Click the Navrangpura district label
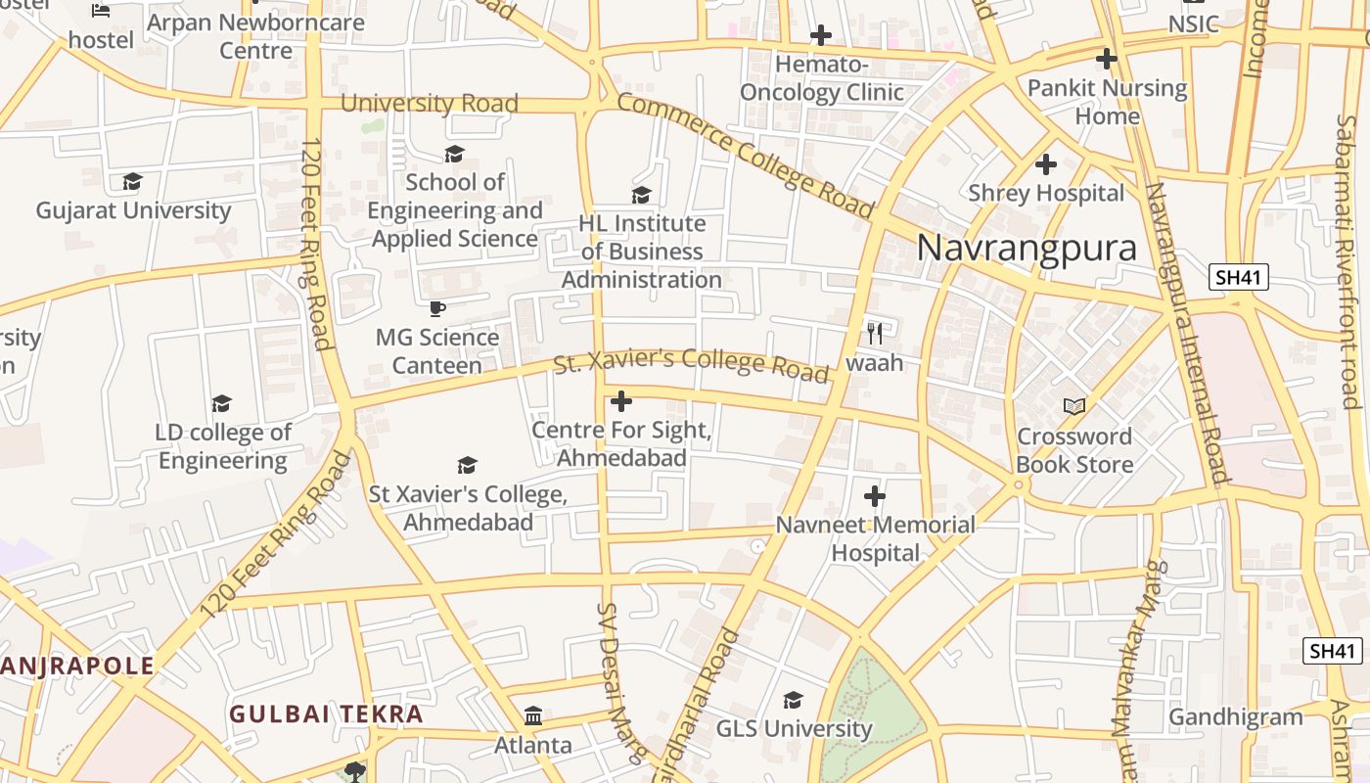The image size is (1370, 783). coord(1027,248)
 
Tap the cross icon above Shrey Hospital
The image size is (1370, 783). coord(1046,164)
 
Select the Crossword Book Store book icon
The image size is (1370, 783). coord(1074,406)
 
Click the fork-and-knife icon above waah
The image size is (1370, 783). coord(875,334)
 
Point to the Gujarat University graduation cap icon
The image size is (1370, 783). coord(133,182)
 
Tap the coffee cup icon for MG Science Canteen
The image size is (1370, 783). coord(437,309)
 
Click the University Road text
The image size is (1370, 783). coord(429,103)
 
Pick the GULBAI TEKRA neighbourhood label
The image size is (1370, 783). coord(326,714)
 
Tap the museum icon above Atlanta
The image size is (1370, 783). coord(533,716)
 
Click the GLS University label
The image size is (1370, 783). coord(794,728)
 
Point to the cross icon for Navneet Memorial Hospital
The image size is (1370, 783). coord(875,496)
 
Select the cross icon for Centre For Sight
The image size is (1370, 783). coord(621,401)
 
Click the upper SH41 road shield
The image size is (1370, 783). coord(1238,277)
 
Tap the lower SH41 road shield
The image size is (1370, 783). coord(1333,650)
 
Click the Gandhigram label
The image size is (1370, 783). coord(1236,717)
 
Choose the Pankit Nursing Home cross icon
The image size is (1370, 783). coord(1107,59)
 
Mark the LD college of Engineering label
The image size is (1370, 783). coord(223,446)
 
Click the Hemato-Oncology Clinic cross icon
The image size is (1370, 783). coord(821,36)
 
